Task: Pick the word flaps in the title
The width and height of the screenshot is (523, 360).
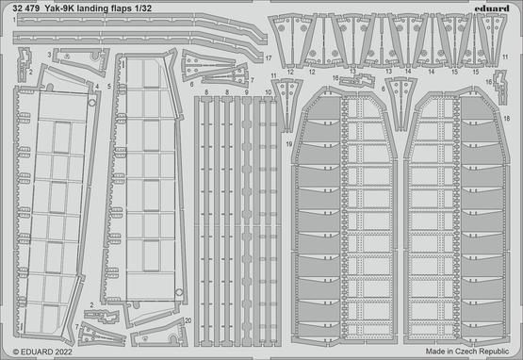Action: pos(140,8)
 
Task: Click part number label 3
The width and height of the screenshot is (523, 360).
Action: pos(49,56)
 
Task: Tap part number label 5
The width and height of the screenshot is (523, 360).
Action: pos(110,86)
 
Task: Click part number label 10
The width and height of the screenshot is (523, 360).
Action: pos(269,92)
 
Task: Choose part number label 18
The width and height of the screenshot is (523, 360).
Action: pos(508,118)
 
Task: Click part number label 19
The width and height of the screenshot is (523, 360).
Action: pos(288,143)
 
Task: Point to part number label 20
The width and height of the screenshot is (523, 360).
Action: pos(188,321)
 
